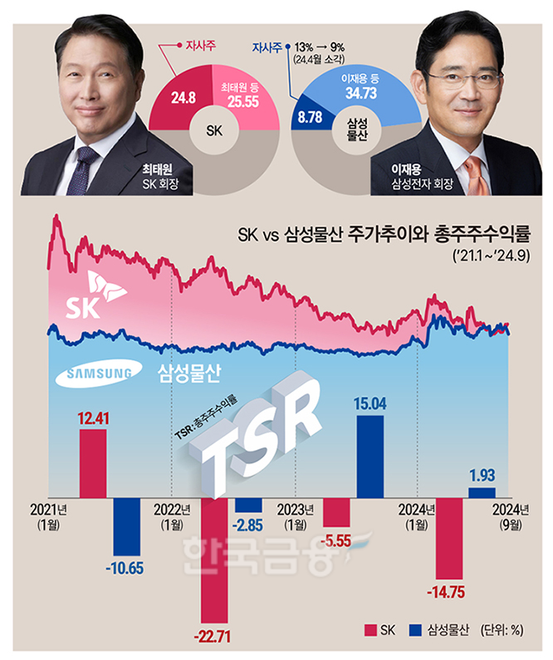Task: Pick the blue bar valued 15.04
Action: pos(370,455)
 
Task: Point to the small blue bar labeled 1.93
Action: pos(482,492)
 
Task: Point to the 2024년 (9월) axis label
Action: pos(511,517)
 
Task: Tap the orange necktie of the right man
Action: pos(472,174)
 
